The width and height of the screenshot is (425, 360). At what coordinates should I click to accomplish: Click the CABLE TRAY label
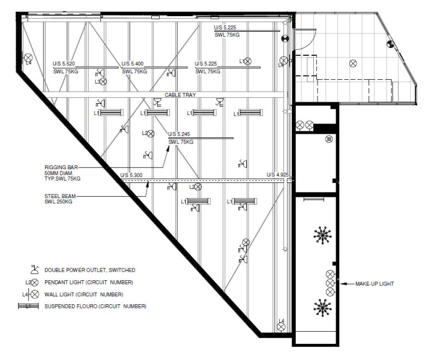point(180,95)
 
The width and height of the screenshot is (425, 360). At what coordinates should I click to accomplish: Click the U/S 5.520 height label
point(64,64)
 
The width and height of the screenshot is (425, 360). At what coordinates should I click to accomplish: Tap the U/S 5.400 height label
point(133,64)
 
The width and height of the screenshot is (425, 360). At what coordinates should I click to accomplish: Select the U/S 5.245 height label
point(179,134)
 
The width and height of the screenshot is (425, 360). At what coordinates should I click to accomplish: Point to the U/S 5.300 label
point(131,175)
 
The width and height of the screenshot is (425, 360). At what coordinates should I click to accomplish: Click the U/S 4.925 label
point(278,175)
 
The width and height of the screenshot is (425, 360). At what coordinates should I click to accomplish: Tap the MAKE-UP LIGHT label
point(375,284)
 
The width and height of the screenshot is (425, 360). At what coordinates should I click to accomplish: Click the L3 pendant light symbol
point(103,81)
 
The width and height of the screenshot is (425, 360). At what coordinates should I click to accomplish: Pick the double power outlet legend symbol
point(34,269)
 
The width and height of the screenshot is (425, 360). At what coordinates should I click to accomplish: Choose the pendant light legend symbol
point(34,283)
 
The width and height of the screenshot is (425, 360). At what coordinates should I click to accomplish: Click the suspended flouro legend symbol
point(29,306)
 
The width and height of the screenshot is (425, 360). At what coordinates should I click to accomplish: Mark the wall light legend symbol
point(34,294)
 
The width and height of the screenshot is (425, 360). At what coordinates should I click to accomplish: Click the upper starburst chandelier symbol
point(322,235)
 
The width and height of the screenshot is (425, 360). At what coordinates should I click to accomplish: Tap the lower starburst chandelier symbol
point(322,308)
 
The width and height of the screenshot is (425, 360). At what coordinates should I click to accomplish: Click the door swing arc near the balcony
point(311,43)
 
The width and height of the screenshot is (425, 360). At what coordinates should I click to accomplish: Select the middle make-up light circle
point(330,283)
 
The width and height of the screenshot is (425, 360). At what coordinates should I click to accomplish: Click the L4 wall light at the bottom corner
point(281,327)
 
